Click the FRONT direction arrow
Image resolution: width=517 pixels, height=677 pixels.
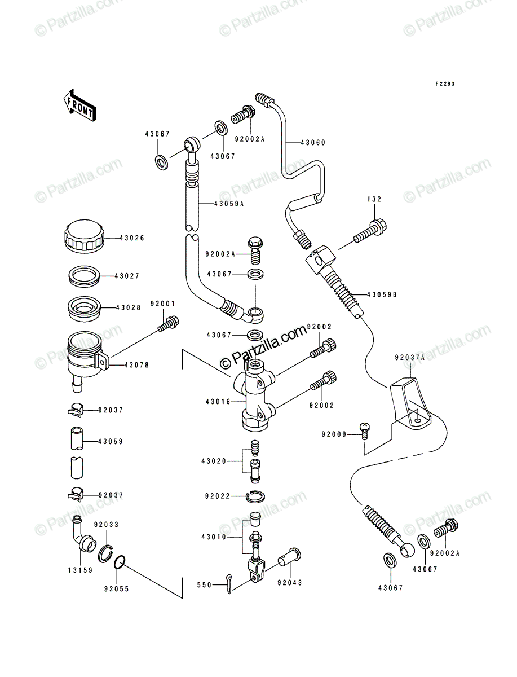(80, 105)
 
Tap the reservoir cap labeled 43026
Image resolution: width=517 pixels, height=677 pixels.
(85, 236)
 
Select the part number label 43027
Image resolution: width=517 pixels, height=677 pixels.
(127, 276)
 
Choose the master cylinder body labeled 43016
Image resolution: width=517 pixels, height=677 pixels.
(254, 395)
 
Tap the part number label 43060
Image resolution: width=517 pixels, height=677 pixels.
(313, 143)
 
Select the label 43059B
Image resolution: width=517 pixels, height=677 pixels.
(382, 295)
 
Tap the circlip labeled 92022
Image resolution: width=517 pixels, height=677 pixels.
(255, 496)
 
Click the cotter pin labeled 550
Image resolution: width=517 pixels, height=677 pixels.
(228, 583)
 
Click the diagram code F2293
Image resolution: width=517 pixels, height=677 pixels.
(445, 84)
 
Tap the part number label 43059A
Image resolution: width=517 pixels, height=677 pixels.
(228, 204)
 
